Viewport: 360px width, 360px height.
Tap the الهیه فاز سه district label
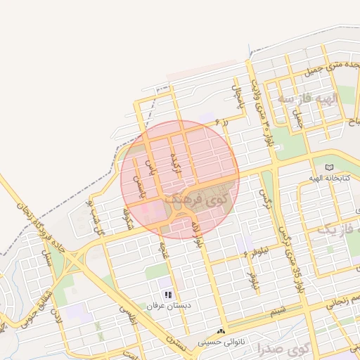click(307, 98)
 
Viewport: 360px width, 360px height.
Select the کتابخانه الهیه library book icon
click(330, 167)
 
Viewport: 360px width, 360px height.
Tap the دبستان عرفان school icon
click(167, 295)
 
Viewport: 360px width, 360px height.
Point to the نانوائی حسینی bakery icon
click(222, 330)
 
